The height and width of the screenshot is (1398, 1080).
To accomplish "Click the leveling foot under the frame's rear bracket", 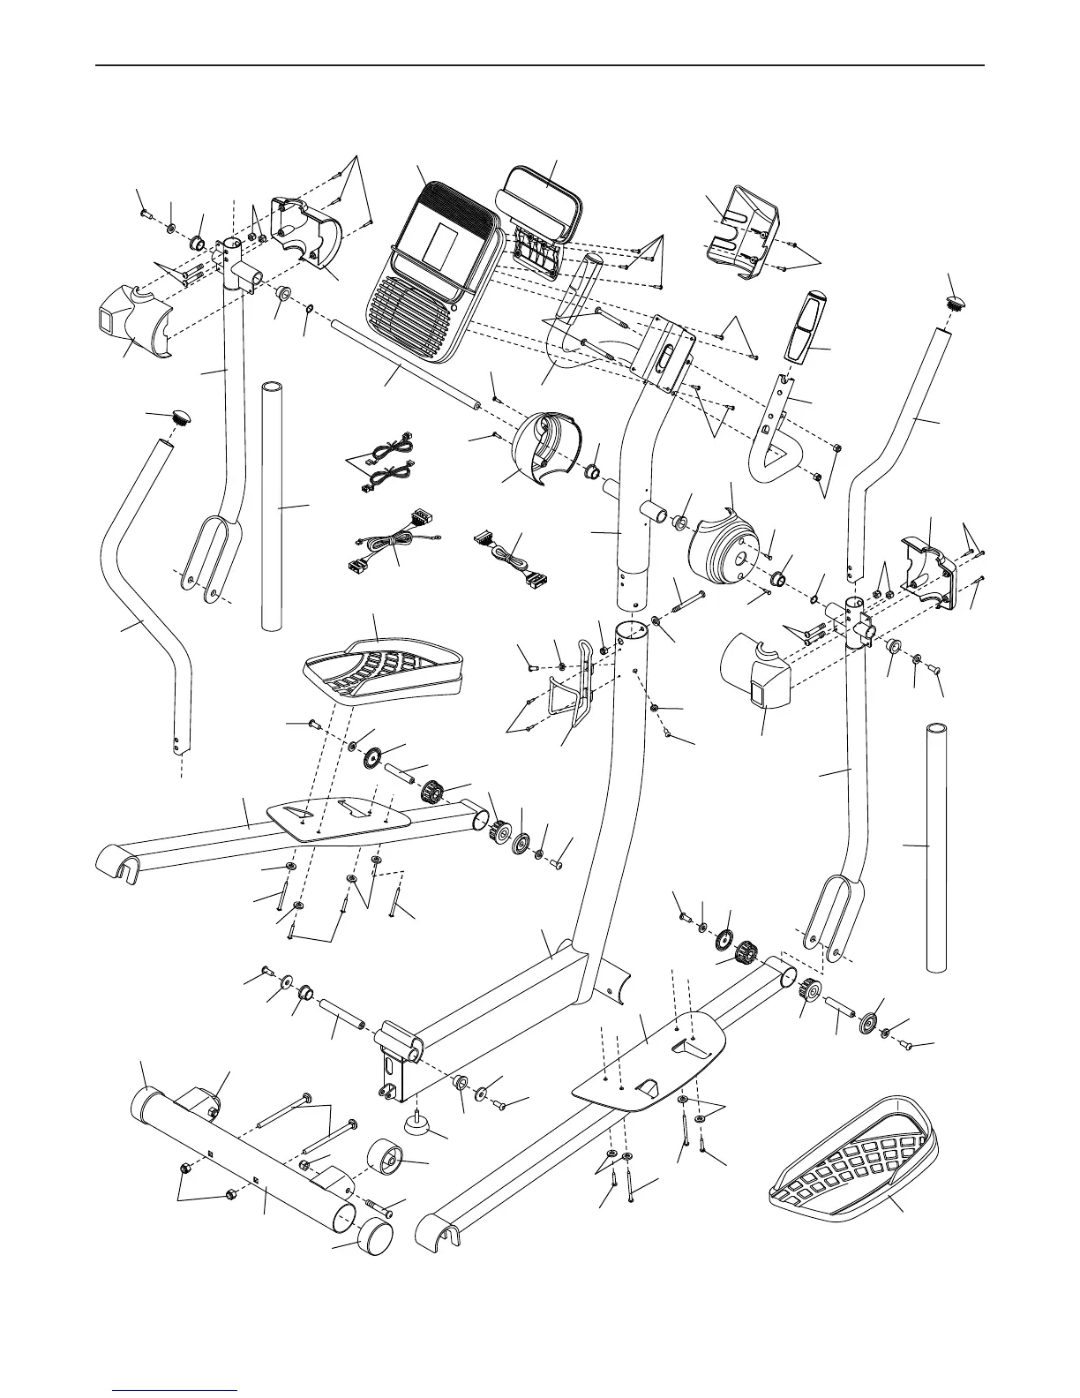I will coord(417,1122).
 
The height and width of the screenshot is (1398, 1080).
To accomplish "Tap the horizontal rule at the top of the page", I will coord(540,65).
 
